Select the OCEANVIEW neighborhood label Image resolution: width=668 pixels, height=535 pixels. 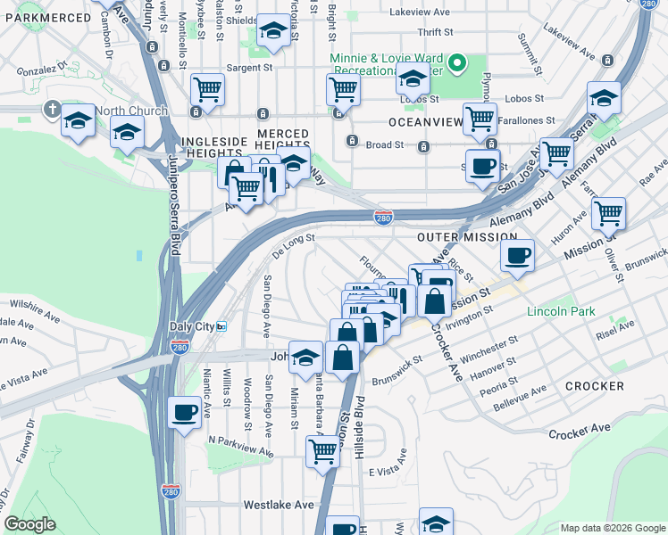click(425, 121)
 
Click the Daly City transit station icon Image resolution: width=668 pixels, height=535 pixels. click(221, 327)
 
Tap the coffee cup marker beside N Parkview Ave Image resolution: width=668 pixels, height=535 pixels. click(185, 412)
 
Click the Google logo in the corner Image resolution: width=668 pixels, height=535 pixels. click(29, 524)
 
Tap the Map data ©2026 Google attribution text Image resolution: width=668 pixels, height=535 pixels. click(612, 528)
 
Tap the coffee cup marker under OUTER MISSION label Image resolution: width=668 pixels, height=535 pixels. click(517, 257)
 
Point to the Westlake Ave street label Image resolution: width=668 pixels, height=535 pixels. click(279, 505)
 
